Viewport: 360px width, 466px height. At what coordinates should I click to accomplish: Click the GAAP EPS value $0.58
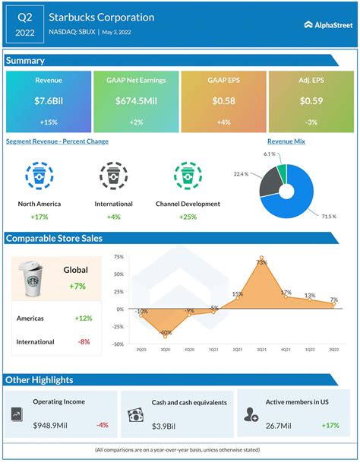223,101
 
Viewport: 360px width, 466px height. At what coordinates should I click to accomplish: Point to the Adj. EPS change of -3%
311,122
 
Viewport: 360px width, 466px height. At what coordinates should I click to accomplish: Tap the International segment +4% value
115,217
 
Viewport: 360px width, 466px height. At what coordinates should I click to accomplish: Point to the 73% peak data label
261,262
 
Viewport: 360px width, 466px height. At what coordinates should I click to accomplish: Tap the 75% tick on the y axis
118,257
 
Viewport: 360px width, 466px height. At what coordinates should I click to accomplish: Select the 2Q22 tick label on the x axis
334,349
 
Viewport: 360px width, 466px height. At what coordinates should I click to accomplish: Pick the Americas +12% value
83,318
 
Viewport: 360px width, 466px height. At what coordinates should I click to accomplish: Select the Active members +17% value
331,425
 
